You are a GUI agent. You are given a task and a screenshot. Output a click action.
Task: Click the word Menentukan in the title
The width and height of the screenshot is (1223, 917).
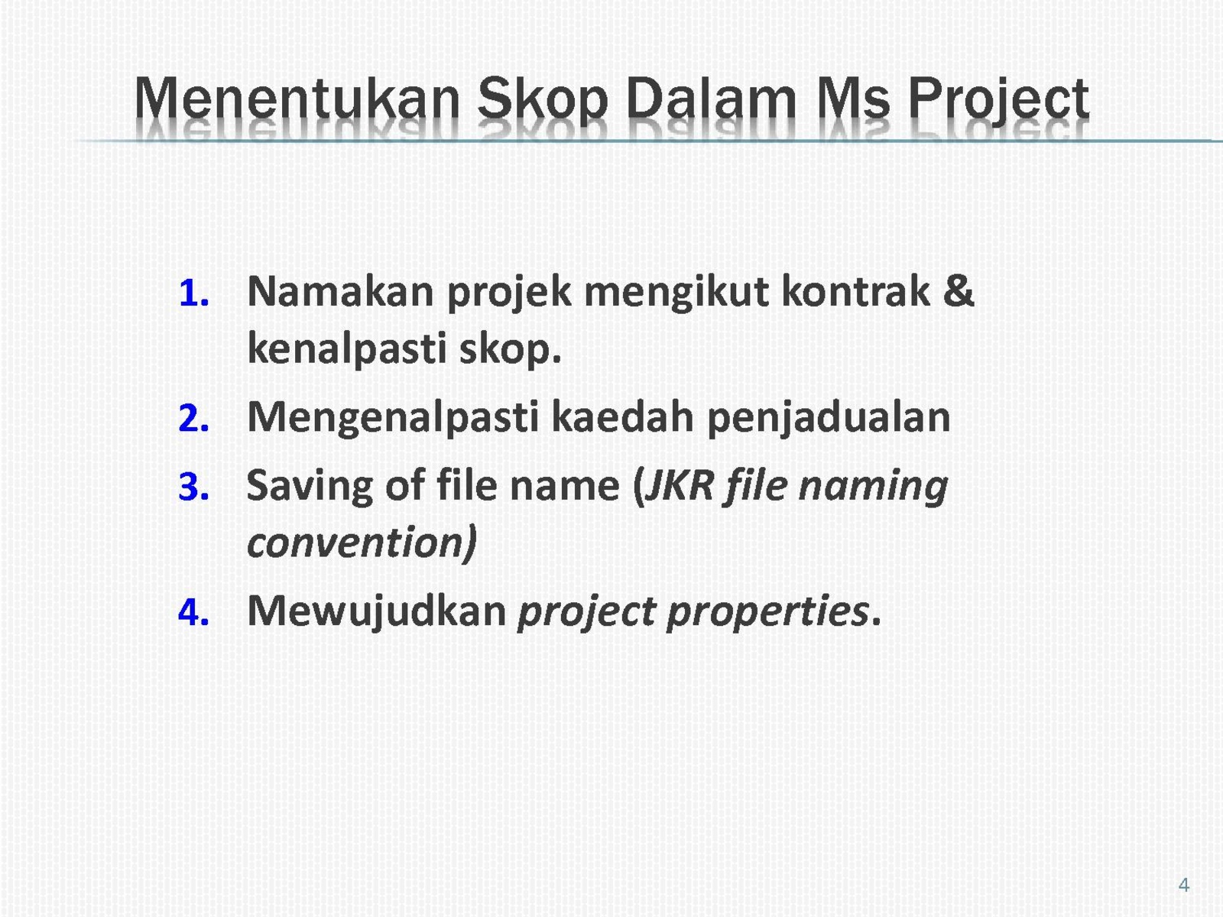(x=297, y=99)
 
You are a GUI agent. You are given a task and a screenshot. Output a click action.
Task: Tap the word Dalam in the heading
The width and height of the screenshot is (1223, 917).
(x=712, y=99)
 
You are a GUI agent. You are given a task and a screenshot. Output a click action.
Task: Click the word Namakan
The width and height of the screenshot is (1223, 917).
(x=340, y=292)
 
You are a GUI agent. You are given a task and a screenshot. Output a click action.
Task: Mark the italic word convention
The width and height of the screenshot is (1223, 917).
(x=357, y=543)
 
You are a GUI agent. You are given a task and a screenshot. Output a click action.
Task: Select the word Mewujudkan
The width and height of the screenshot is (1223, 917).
(x=377, y=612)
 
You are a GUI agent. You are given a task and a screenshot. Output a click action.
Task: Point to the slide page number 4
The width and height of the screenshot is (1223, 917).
(x=1184, y=885)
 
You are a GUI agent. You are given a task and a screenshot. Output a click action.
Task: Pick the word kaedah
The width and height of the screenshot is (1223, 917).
(x=622, y=417)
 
